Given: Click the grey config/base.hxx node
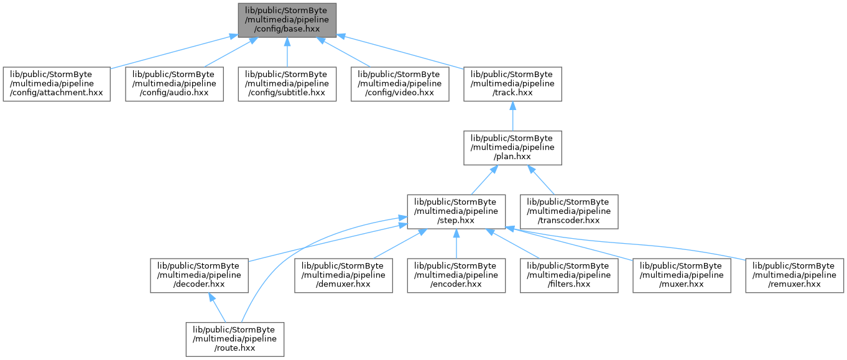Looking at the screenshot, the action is (x=287, y=21).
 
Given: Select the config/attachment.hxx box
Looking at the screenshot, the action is (x=57, y=84).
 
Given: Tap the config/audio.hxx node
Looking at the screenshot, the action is (x=174, y=84).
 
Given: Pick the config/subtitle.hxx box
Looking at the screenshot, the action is (x=287, y=84).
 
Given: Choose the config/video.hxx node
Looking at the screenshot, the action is (x=400, y=84).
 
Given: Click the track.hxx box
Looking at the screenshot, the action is (x=512, y=84).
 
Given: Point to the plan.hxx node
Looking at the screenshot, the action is (x=512, y=148).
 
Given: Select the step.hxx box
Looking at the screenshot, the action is (x=456, y=212).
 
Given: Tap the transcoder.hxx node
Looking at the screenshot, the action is (x=569, y=212).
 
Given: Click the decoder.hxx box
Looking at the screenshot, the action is (x=199, y=275).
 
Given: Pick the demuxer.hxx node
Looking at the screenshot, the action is (x=344, y=275).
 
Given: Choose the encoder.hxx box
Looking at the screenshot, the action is (x=456, y=275).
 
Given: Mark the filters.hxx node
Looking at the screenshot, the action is (x=569, y=275).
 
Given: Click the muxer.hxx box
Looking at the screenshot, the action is (x=682, y=275).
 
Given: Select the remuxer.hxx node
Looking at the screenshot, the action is (x=794, y=275).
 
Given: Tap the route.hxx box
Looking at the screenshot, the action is (x=235, y=339).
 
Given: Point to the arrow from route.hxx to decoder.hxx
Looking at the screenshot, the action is (x=217, y=308).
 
